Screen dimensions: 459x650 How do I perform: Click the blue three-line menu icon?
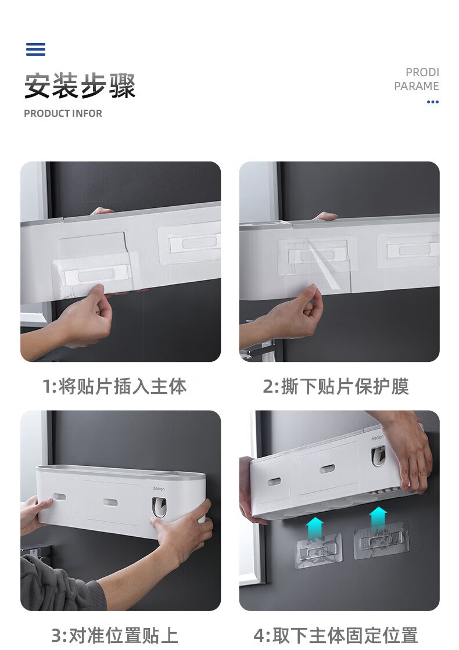pos(35,49)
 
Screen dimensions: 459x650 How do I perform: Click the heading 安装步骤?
pos(80,86)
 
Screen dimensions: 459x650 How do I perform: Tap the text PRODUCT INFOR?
pos(63,113)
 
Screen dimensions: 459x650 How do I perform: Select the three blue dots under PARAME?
pos(432,102)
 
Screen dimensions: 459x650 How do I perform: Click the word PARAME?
pos(416,86)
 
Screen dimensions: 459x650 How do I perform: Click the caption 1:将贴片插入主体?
pos(115,386)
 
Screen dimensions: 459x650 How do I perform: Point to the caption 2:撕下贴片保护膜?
pos(336,386)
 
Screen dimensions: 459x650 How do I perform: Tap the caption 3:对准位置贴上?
pos(115,635)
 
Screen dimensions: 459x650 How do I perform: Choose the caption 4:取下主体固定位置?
pos(336,635)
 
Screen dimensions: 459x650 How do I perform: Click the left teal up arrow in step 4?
pos(315,527)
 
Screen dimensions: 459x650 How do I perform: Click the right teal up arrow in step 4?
pos(378,518)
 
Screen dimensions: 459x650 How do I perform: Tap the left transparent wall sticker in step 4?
pos(318,551)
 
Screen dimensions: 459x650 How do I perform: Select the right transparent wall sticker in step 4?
pos(381,540)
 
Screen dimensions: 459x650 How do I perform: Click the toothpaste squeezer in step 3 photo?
pos(159,508)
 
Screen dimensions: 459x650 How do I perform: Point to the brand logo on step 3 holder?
pos(159,489)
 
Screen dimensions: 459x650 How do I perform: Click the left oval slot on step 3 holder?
pos(59,497)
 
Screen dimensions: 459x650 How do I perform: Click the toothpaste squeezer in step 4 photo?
pos(378,456)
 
